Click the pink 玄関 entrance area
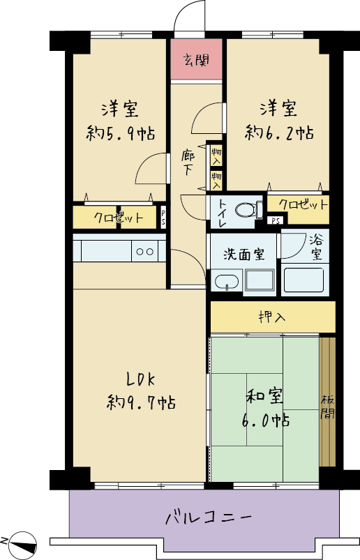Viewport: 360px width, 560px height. click(196, 59)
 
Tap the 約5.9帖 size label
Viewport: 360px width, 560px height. click(121, 134)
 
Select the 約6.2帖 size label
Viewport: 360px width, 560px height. click(279, 133)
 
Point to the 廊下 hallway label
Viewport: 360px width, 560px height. click(188, 163)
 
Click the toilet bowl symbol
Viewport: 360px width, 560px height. click(249, 210)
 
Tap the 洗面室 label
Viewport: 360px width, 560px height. click(244, 255)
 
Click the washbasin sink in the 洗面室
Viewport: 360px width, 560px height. click(227, 282)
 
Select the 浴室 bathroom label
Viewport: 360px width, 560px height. click(316, 247)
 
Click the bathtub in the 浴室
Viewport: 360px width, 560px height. click(303, 280)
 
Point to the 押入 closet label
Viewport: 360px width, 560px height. click(272, 317)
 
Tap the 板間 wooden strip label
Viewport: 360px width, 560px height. click(327, 407)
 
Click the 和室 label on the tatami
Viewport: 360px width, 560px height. click(265, 397)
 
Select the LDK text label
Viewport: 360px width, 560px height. click(141, 379)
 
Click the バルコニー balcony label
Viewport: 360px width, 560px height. click(209, 517)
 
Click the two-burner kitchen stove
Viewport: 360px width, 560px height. click(145, 251)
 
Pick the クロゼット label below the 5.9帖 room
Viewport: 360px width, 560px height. click(119, 218)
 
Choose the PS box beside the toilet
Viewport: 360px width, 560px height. click(276, 220)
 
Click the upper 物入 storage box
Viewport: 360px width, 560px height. click(216, 156)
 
